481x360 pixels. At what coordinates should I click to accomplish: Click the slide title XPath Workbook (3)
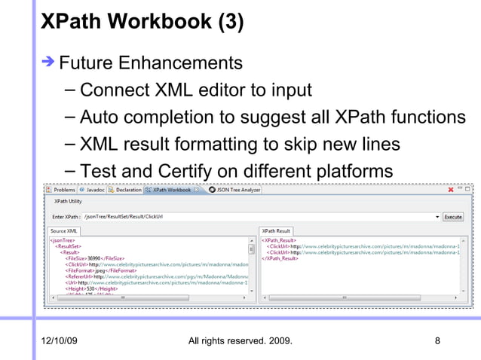click(142, 22)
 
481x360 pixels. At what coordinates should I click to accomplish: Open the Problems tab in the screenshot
click(63, 190)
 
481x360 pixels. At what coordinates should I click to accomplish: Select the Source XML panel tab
click(64, 230)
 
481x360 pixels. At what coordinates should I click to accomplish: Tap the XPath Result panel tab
click(276, 230)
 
